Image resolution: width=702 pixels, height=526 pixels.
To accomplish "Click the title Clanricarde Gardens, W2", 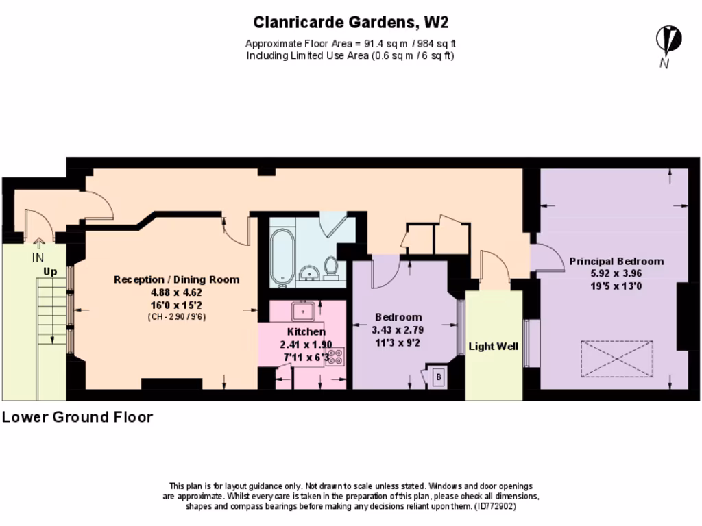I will coord(350,23).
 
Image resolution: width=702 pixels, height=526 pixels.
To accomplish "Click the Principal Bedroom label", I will coord(616,261).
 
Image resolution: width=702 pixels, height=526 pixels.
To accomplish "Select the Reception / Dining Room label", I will coord(176,279).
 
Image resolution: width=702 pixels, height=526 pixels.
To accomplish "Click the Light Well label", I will coord(493,346).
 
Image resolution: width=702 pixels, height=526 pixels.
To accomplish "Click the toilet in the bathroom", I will coord(330,268).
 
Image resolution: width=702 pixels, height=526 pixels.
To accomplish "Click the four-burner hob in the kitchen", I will coord(335,356).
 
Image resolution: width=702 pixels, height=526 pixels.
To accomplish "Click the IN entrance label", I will coord(38,258).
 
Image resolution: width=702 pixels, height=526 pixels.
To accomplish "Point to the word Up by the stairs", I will coord(50,271).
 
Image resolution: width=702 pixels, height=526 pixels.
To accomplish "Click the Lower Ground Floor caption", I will coord(77,417).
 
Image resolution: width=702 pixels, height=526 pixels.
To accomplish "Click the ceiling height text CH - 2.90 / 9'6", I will coord(176,317).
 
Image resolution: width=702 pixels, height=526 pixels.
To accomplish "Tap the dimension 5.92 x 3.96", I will coord(616,273).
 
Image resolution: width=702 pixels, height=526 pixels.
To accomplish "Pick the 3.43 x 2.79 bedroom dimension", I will coord(398,330).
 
